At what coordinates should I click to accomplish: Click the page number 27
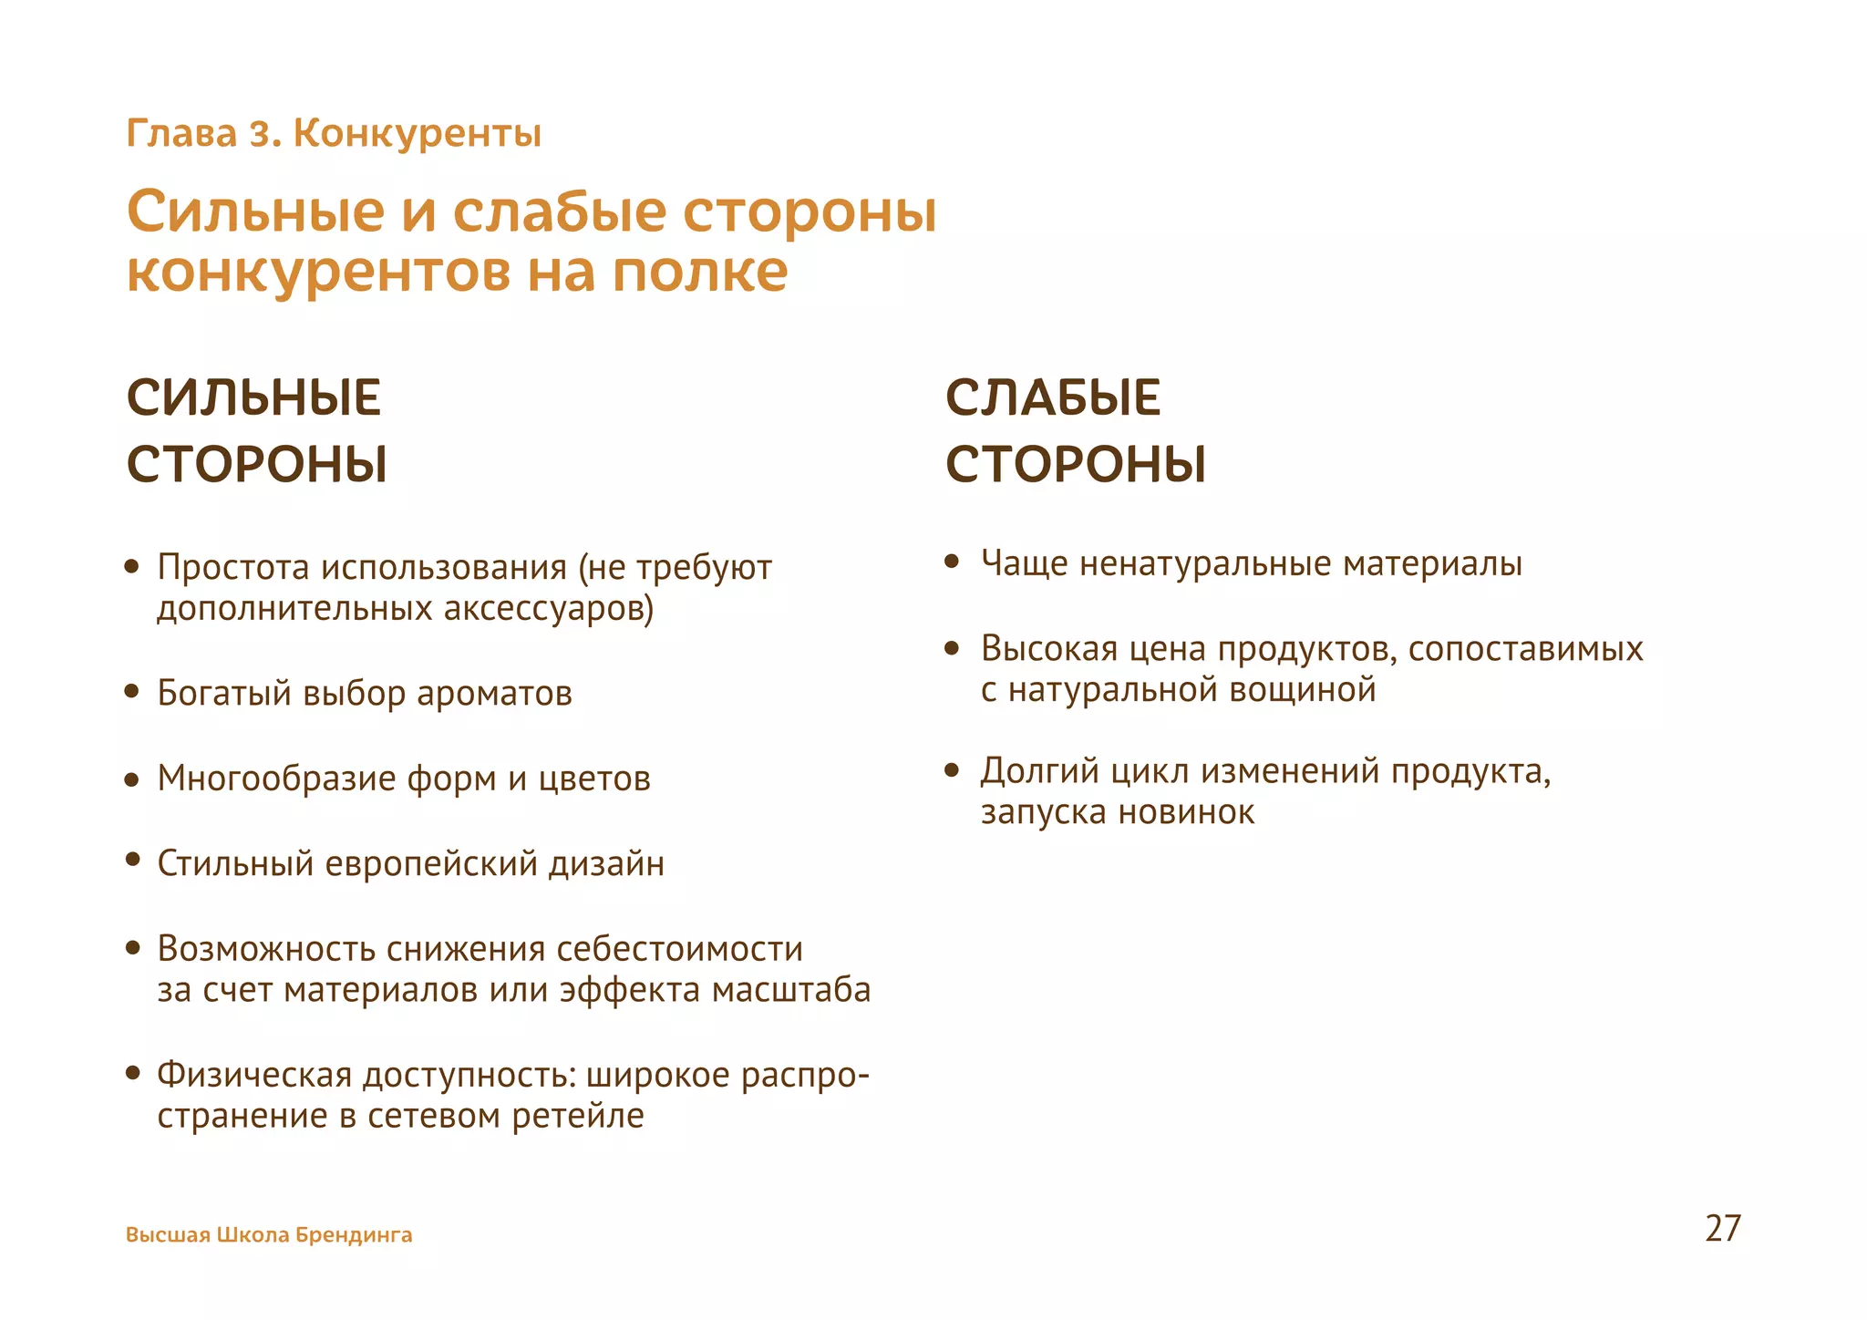click(1722, 1228)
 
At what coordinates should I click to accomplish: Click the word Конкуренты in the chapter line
click(418, 134)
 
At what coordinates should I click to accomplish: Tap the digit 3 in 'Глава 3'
click(260, 134)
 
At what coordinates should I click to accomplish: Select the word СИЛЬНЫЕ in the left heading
click(253, 398)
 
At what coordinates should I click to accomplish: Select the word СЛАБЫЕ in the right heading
click(1053, 398)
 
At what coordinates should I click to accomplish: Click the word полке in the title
click(699, 271)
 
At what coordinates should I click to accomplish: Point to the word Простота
click(233, 567)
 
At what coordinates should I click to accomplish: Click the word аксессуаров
click(548, 608)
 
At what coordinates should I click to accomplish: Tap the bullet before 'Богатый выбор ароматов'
click(132, 692)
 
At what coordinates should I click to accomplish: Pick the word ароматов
click(494, 694)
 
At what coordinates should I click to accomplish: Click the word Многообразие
click(276, 779)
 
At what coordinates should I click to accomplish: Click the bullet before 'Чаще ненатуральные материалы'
click(952, 562)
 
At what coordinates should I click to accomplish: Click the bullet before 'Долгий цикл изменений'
click(952, 770)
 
